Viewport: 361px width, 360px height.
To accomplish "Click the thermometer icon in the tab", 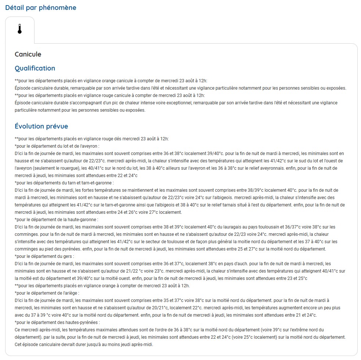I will point(20,29).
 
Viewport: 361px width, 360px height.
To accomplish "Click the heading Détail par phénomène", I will point(41,8).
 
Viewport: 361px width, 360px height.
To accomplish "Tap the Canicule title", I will point(28,54).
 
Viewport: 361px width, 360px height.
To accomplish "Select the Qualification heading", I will point(35,68).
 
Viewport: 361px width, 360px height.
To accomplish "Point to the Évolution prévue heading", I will point(41,126).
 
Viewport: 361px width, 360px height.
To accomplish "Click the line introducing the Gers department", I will point(44,256).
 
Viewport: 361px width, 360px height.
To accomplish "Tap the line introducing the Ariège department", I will point(47,293).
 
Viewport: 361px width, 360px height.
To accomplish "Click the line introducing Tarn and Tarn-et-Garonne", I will point(64,183).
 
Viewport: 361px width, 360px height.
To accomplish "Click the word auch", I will point(242,264).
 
